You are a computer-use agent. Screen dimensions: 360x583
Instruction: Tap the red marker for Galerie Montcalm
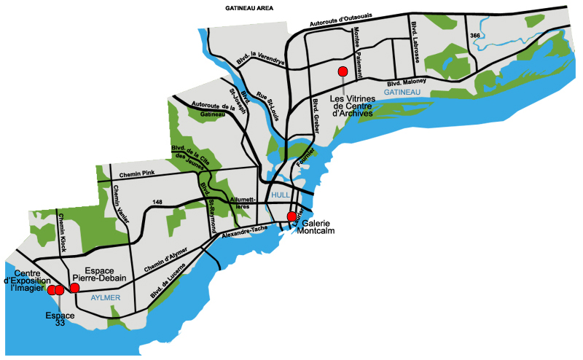[291, 216]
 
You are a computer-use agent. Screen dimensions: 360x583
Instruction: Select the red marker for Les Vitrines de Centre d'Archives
[342, 71]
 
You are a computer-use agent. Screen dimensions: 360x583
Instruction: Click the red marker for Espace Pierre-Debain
[74, 288]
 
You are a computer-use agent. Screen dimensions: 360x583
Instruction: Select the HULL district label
[281, 195]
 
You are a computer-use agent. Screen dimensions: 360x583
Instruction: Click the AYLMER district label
[104, 299]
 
